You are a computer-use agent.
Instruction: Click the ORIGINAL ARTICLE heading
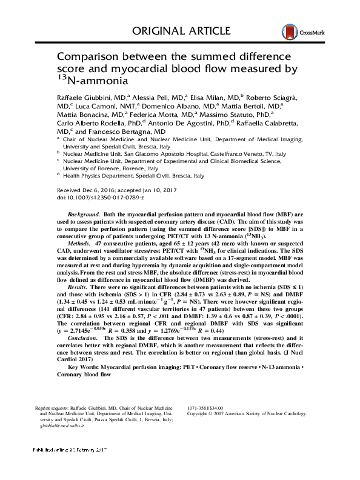[x=180, y=31]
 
